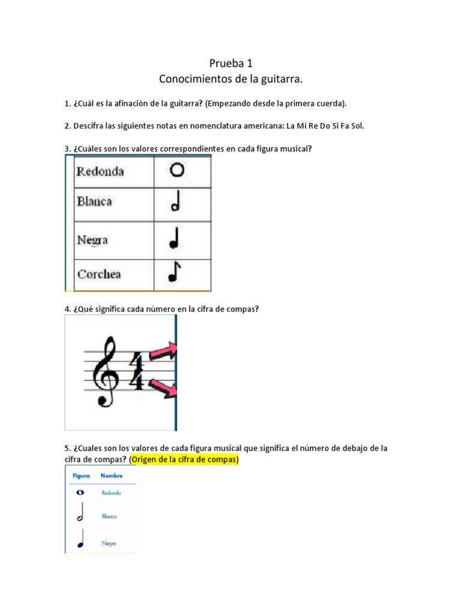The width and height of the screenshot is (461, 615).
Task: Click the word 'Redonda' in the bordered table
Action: (100, 171)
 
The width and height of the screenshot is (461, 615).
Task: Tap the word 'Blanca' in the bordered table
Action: (94, 202)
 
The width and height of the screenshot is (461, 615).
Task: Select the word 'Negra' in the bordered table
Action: (92, 240)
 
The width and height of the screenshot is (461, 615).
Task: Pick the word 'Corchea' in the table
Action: (99, 274)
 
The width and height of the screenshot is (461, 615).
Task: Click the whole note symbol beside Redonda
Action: (177, 171)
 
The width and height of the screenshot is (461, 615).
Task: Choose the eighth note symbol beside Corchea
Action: (175, 273)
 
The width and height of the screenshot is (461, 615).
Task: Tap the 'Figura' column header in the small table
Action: (81, 476)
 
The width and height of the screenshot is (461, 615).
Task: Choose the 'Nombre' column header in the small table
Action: (112, 476)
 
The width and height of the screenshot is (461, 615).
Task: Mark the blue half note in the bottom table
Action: (80, 515)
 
